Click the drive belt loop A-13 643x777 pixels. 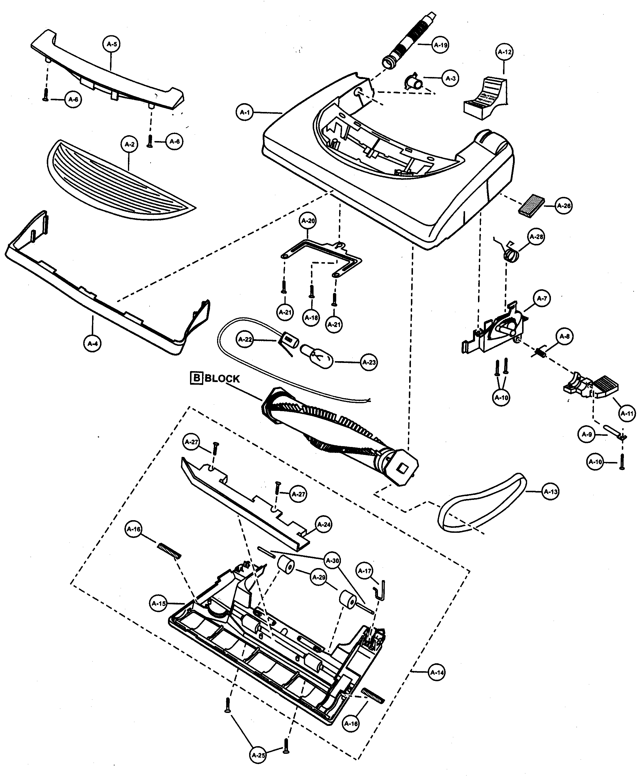[482, 505]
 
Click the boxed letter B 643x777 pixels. [196, 378]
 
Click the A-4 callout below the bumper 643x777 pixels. [93, 343]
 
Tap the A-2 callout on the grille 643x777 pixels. [129, 144]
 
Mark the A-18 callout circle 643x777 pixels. [311, 317]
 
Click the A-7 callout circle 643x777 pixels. [542, 299]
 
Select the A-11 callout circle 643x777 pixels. [627, 414]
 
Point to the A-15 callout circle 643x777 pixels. [159, 603]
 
